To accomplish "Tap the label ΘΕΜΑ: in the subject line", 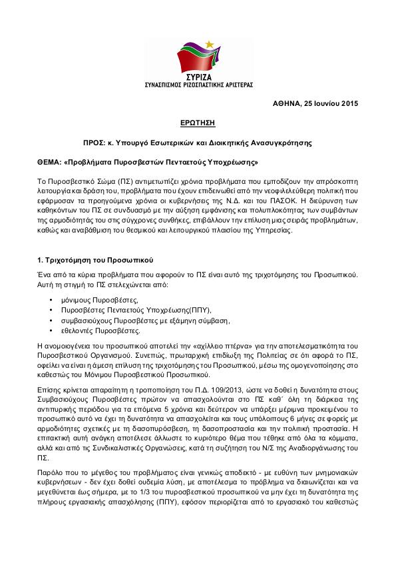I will tap(51, 162).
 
